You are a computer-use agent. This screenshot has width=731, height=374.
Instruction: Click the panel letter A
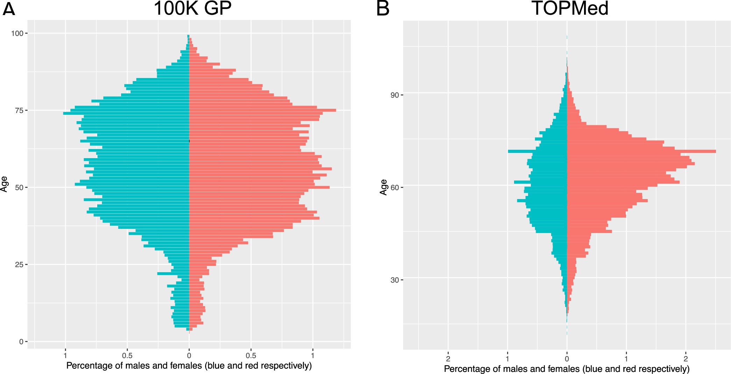click(8, 9)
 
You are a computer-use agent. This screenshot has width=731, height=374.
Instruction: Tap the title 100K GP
click(192, 8)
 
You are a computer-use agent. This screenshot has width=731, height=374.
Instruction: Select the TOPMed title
click(570, 8)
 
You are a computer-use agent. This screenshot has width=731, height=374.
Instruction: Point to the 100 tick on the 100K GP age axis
click(17, 34)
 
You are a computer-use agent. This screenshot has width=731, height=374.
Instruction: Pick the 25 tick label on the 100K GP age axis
click(19, 264)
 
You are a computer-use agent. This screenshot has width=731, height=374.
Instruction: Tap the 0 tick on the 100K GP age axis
click(21, 342)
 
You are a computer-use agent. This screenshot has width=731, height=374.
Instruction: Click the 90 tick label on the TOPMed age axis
click(394, 95)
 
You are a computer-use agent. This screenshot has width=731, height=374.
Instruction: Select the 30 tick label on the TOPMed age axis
click(394, 280)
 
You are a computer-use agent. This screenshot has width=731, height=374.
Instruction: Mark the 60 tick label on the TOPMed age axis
click(394, 188)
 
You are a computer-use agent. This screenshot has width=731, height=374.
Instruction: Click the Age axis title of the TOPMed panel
click(384, 187)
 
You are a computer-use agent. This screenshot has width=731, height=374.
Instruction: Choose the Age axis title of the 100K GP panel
click(4, 184)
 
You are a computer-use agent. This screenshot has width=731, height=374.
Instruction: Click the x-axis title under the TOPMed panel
click(567, 369)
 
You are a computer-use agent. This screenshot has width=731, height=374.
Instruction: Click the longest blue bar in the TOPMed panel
click(537, 151)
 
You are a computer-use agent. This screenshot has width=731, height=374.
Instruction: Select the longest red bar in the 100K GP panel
click(262, 110)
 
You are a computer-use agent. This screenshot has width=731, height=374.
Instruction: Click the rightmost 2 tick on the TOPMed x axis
click(686, 359)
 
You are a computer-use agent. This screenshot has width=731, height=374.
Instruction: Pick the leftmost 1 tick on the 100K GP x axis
click(65, 356)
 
